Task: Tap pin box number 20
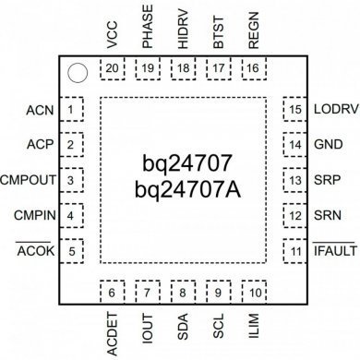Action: [113, 69]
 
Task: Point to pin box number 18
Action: [183, 69]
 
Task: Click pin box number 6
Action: [113, 293]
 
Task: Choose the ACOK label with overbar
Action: [35, 251]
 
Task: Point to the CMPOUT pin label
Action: [27, 180]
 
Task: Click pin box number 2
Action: [70, 145]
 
